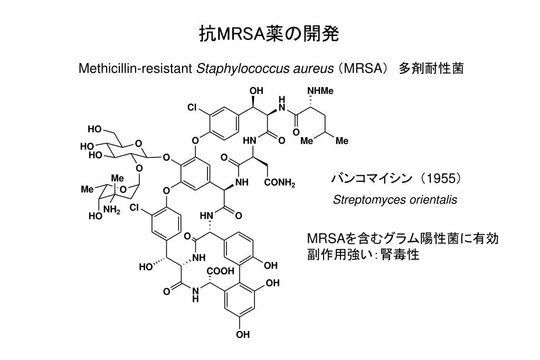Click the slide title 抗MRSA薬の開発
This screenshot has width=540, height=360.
pyautogui.click(x=269, y=34)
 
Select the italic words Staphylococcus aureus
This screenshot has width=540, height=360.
pyautogui.click(x=265, y=69)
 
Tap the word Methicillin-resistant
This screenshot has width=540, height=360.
pyautogui.click(x=135, y=68)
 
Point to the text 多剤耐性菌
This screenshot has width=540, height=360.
pyautogui.click(x=431, y=68)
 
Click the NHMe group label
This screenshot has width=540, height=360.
pyautogui.click(x=320, y=91)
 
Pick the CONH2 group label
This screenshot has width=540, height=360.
pyautogui.click(x=280, y=183)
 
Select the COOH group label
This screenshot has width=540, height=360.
pyautogui.click(x=221, y=271)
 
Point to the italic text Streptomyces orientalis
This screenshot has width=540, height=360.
pyautogui.click(x=395, y=200)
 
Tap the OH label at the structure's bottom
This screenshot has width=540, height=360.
pyautogui.click(x=243, y=334)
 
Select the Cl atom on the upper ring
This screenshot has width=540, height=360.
pyautogui.click(x=193, y=108)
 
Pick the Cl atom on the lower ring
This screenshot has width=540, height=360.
pyautogui.click(x=135, y=208)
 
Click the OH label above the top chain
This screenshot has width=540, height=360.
pyautogui.click(x=256, y=91)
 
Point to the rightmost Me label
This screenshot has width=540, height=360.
pyautogui.click(x=342, y=141)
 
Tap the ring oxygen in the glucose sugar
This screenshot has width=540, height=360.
pyautogui.click(x=138, y=143)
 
